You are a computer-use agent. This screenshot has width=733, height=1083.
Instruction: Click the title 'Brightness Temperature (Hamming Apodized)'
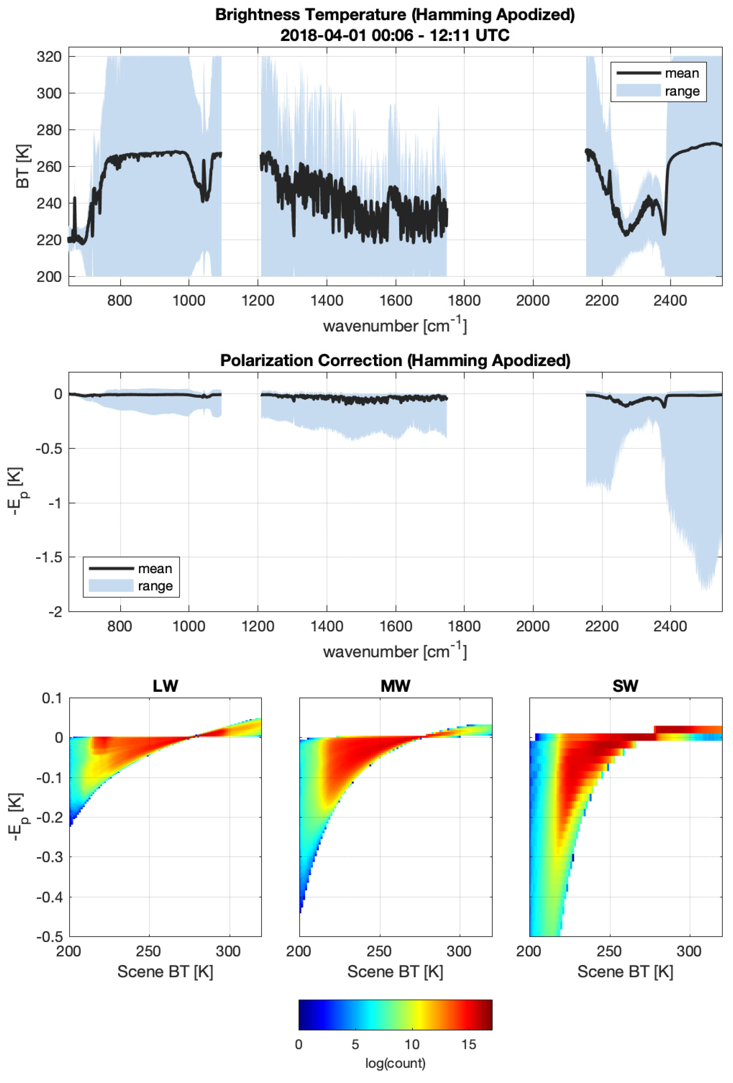click(395, 15)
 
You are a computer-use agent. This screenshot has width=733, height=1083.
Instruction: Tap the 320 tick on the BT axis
click(49, 57)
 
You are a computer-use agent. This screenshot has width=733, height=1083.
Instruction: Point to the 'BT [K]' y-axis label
click(22, 166)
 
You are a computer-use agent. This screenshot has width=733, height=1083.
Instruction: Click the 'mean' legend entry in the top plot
click(682, 73)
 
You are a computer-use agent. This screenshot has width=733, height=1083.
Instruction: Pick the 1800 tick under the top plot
click(464, 301)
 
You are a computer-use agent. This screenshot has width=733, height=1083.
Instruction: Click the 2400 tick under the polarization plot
click(670, 626)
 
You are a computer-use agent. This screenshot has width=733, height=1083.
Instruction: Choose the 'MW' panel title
click(395, 686)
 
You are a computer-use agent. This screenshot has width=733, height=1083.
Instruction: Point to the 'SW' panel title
click(625, 686)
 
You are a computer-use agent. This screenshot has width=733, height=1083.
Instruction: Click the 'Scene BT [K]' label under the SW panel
click(625, 972)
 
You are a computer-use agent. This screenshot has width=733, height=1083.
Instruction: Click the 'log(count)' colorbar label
click(395, 1063)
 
